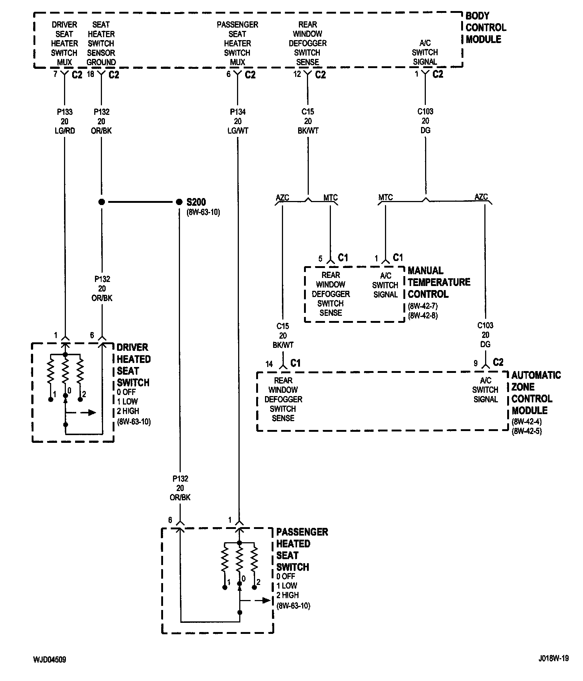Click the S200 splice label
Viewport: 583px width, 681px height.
pos(196,202)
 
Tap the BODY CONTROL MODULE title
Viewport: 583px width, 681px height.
pos(485,28)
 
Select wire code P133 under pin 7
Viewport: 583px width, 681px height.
pos(65,112)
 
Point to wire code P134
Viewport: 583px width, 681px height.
pos(238,112)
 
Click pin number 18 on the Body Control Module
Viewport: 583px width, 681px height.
pos(91,74)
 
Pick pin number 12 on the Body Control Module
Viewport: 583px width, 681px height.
pos(297,74)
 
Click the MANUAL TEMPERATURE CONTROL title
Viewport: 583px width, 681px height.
pos(439,282)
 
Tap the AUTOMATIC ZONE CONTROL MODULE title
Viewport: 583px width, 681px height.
pos(536,393)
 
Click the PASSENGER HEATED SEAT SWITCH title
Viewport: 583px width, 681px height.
pos(302,549)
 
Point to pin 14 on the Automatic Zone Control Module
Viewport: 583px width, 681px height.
pos(269,364)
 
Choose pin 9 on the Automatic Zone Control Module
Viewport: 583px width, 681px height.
pos(476,363)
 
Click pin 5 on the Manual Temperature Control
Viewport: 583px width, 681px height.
pos(320,259)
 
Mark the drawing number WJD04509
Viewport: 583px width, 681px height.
pos(49,660)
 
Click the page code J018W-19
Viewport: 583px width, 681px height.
pos(553,658)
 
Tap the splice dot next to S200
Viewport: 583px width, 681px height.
pos(179,202)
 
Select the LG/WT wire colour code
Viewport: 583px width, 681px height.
pos(238,131)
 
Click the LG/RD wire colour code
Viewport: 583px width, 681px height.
pos(65,131)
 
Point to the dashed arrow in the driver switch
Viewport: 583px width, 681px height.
pos(82,413)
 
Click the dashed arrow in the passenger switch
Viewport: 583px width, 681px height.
pos(256,600)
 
